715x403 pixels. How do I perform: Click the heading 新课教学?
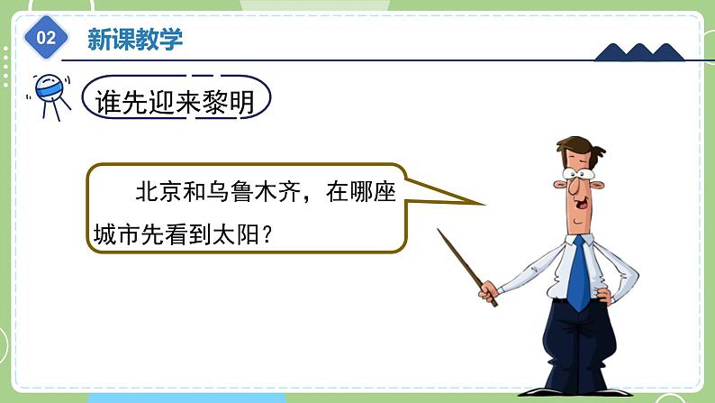point(134,39)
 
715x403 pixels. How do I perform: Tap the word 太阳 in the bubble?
point(238,234)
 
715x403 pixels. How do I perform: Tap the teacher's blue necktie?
point(577,271)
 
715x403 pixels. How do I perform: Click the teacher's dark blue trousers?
point(577,352)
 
